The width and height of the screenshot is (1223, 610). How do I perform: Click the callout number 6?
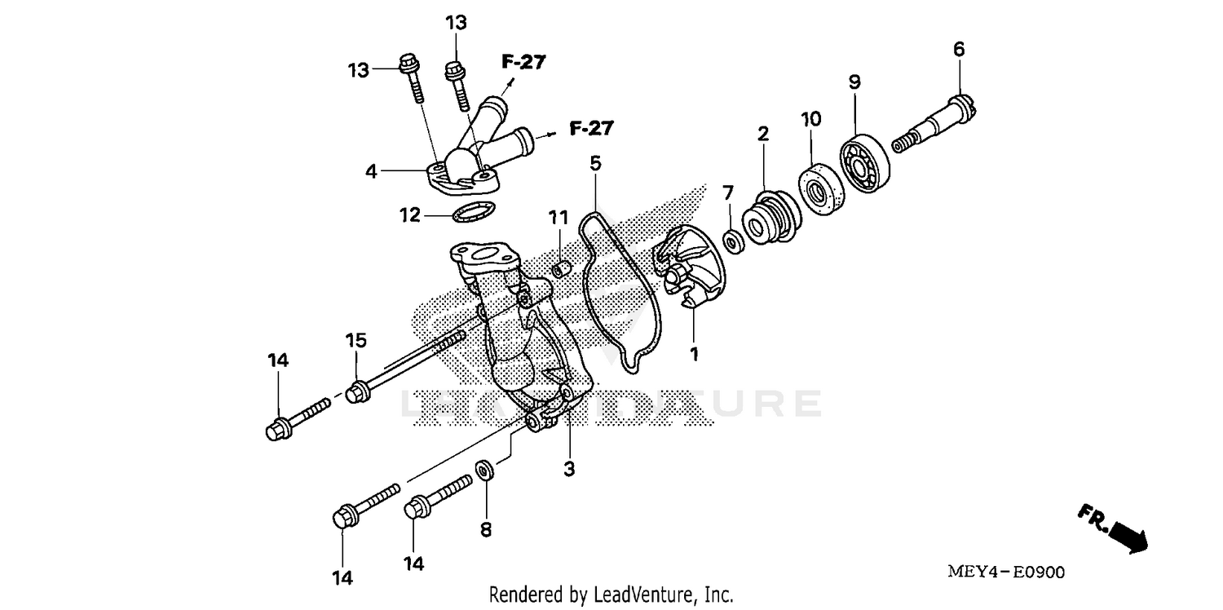click(x=959, y=50)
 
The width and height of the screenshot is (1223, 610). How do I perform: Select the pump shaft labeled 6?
click(x=938, y=123)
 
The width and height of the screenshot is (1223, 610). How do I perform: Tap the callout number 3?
click(x=569, y=469)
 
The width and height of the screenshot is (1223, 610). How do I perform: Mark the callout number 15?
click(x=355, y=339)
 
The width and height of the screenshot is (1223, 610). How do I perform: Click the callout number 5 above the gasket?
click(x=595, y=163)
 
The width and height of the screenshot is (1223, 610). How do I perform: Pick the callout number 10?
click(x=810, y=120)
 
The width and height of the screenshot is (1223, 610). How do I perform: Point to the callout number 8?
click(x=486, y=530)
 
